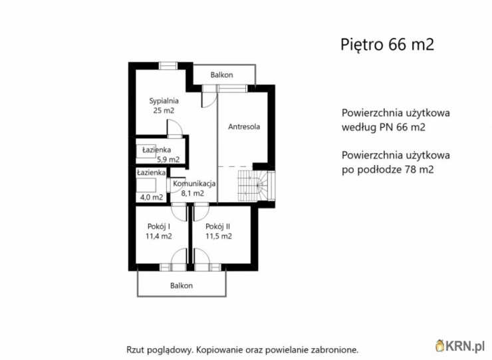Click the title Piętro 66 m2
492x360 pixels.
387,45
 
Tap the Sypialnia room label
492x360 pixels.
164,100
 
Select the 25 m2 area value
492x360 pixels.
163,110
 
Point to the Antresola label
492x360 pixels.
243,126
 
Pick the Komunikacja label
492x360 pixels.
193,184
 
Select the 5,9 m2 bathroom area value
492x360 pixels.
168,160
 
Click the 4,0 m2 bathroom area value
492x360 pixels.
151,197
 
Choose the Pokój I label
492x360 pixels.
158,226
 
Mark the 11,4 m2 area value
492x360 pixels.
158,236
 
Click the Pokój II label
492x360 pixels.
218,226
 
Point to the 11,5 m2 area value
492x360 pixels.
218,236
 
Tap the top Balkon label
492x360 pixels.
221,75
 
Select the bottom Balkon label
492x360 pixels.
181,285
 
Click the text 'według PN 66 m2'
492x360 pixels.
384,126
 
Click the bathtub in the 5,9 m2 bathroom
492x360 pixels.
146,150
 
